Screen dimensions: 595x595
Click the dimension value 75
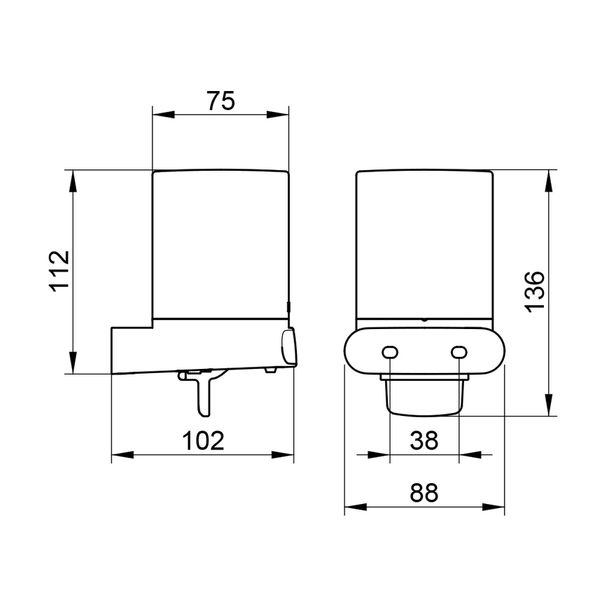point(220,101)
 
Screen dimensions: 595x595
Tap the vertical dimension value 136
point(534,291)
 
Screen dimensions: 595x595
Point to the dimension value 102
point(203,441)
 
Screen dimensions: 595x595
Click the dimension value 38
point(423,441)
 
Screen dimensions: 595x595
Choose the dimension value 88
point(423,493)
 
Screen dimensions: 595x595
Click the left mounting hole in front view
point(389,351)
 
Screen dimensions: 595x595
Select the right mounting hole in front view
point(458,351)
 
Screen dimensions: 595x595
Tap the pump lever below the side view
point(202,392)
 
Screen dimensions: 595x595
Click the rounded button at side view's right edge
point(288,347)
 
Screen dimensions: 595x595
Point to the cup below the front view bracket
point(423,399)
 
